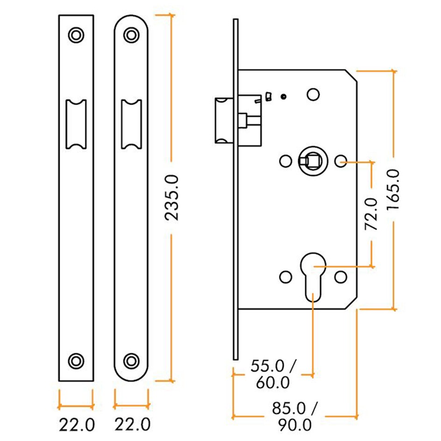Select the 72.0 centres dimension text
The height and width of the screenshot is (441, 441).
[371, 214]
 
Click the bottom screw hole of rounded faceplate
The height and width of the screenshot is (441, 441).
[132, 360]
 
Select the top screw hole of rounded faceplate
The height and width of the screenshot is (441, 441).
[132, 35]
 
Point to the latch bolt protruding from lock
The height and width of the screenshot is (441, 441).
[224, 120]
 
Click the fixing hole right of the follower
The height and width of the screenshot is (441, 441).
[341, 161]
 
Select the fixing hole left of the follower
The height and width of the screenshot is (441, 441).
[284, 161]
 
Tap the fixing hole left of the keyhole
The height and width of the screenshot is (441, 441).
[284, 278]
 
